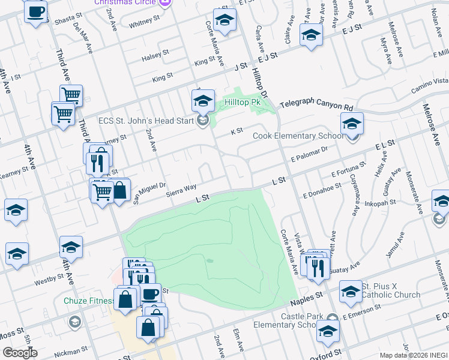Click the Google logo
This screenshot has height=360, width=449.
19,352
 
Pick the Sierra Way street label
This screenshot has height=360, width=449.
181,190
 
